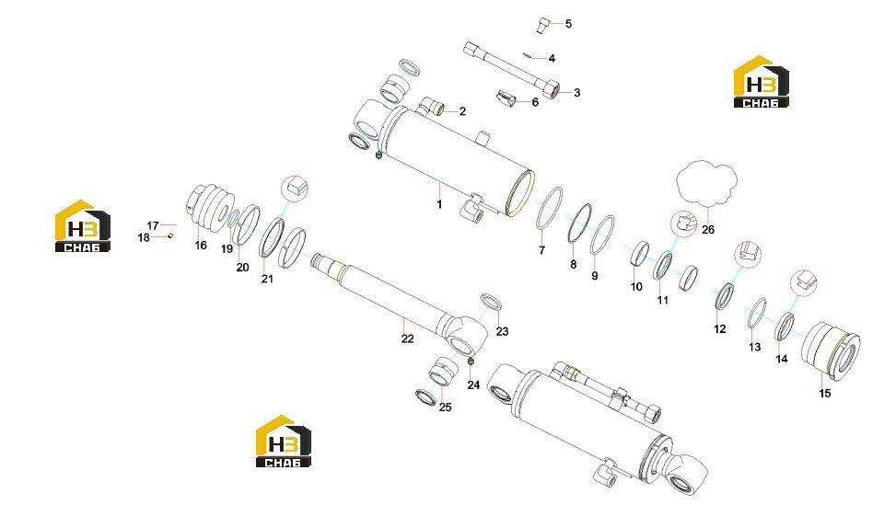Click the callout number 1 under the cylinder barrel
pyautogui.click(x=440, y=204)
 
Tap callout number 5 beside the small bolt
pyautogui.click(x=568, y=24)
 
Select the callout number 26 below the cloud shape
pyautogui.click(x=707, y=230)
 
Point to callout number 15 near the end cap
pyautogui.click(x=825, y=393)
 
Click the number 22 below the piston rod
pyautogui.click(x=408, y=339)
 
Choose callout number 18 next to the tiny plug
pyautogui.click(x=144, y=237)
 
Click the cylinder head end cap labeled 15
pyautogui.click(x=831, y=352)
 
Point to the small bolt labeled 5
pyautogui.click(x=542, y=26)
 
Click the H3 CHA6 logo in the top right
pyautogui.click(x=762, y=82)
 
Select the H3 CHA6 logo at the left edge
pyautogui.click(x=82, y=225)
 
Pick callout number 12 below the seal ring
pyautogui.click(x=720, y=328)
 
